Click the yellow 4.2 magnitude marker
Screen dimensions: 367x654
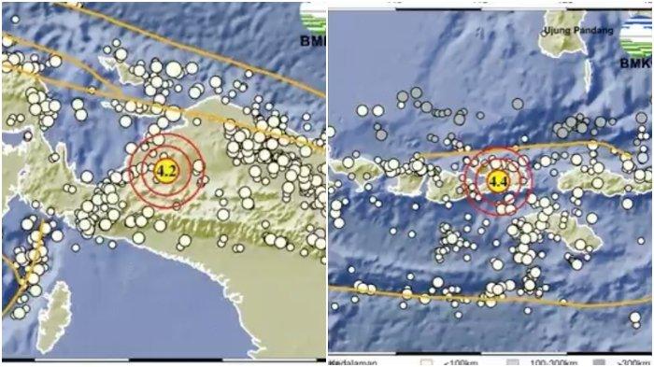[166, 171]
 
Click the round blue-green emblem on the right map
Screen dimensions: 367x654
[637, 33]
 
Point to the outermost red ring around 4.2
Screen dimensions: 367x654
[130, 172]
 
